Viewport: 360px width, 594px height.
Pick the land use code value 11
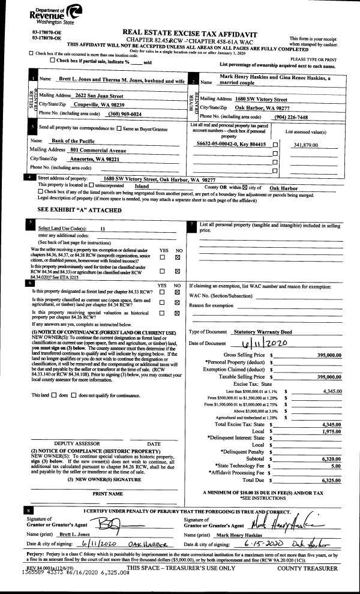(103, 229)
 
